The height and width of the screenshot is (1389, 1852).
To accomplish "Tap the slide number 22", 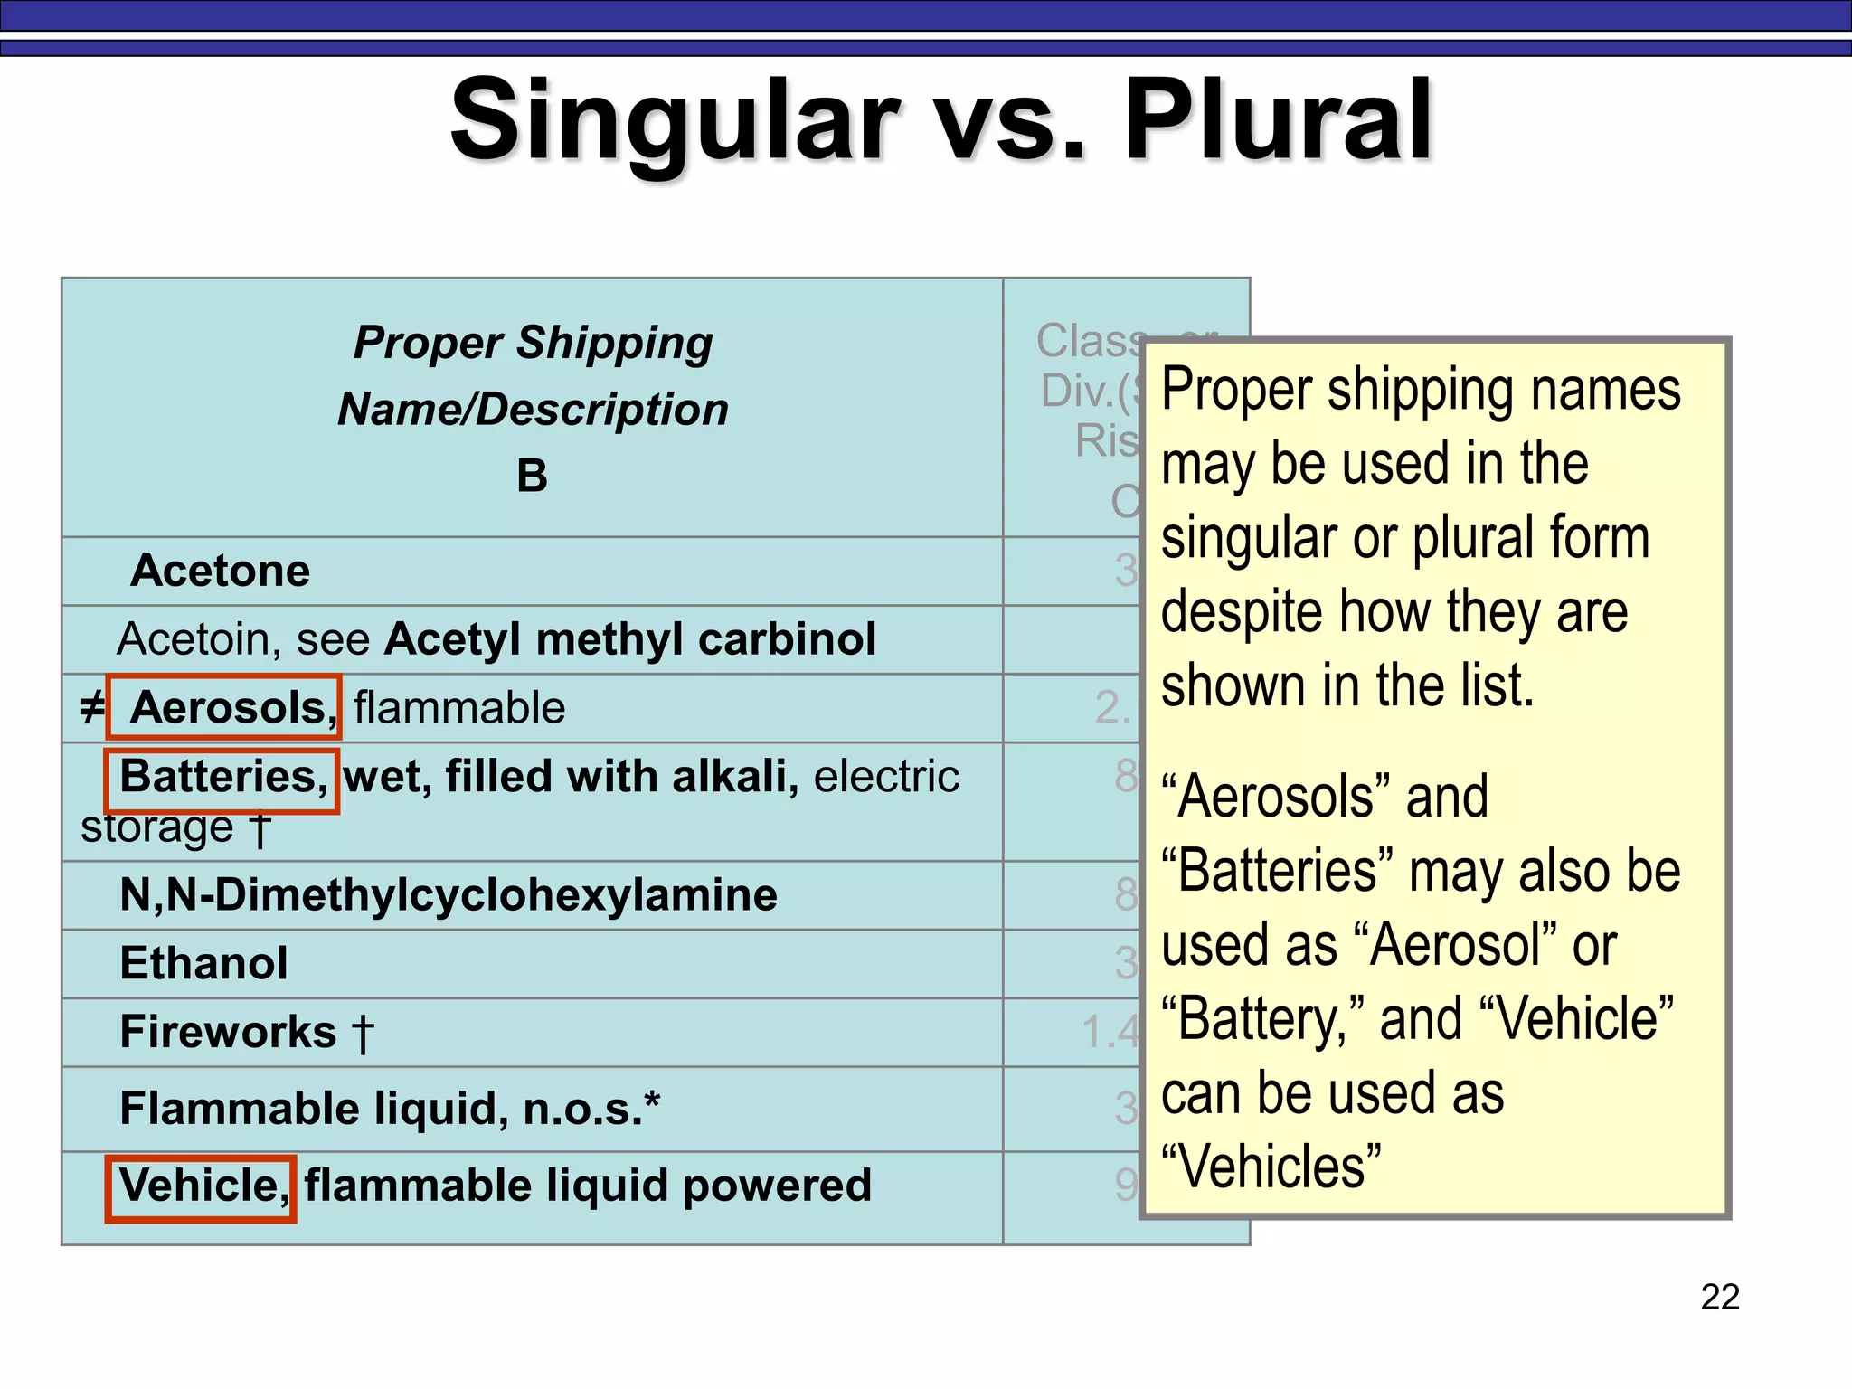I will pos(1720,1297).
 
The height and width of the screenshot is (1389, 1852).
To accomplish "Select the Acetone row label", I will pos(220,571).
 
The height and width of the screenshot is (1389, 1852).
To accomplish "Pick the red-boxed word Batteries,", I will pos(222,777).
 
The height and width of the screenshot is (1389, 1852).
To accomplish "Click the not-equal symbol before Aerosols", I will pos(92,707).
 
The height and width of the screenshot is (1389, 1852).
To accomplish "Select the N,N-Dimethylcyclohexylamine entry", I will pos(449,895).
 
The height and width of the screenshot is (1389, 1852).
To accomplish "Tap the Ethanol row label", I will pos(203,963).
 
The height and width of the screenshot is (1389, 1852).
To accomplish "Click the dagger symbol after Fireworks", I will pos(362,1033).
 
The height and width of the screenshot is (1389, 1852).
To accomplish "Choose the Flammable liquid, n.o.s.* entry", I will pos(390,1109).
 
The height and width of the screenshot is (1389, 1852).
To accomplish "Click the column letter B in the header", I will pos(532,476).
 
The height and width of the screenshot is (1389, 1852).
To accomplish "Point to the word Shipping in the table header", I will pos(614,344).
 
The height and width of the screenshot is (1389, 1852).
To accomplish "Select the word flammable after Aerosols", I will pos(459,707).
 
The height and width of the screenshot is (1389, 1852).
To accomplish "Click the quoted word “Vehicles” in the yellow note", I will pos(1271,1167).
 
